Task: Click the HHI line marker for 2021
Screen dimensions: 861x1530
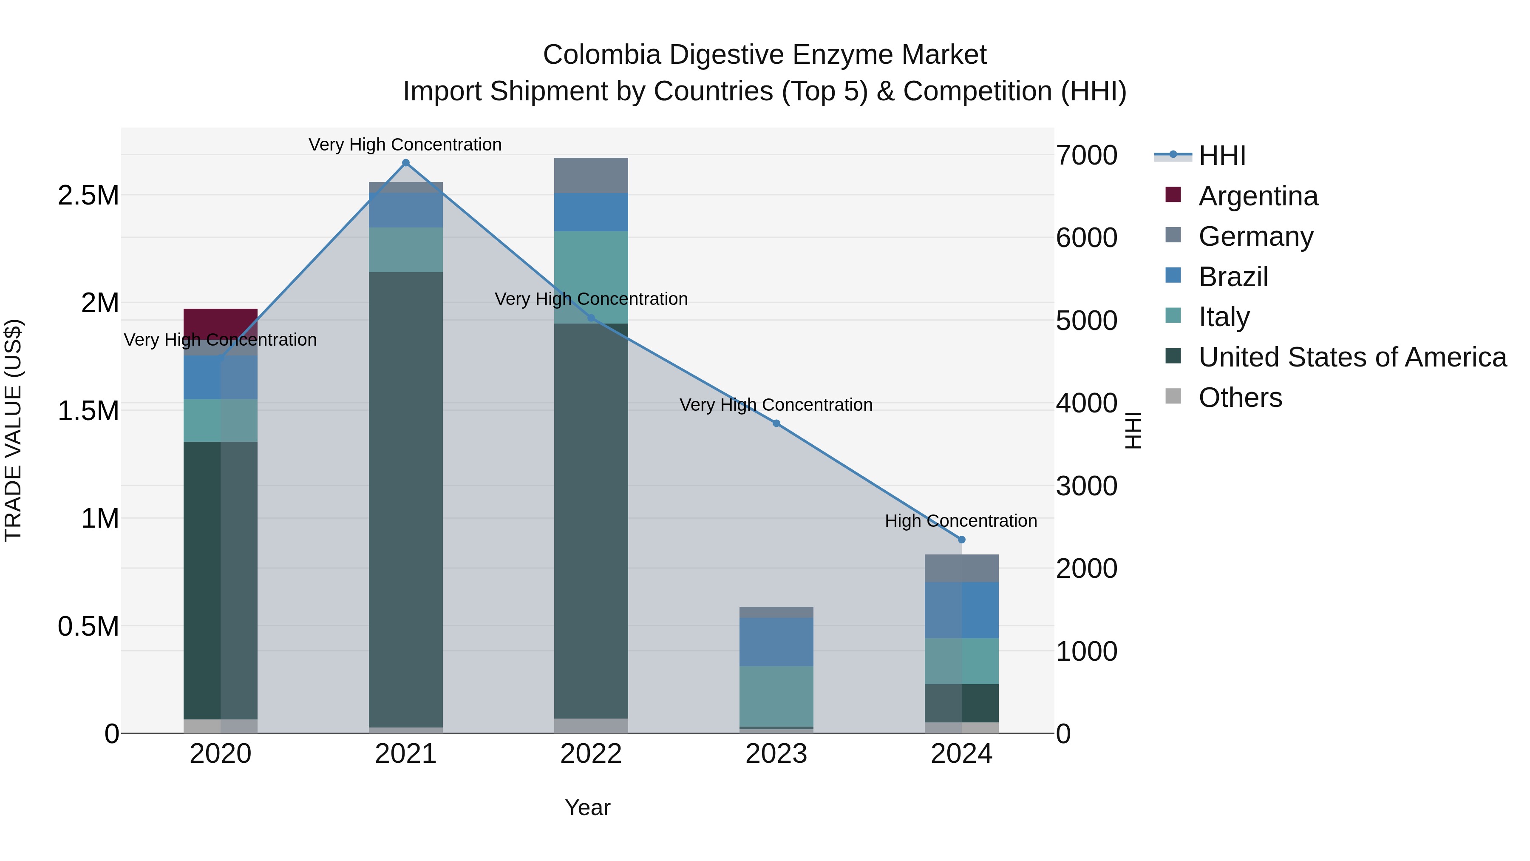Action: (x=406, y=163)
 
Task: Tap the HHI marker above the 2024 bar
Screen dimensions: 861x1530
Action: (x=962, y=540)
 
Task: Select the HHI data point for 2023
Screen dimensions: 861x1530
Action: (x=776, y=423)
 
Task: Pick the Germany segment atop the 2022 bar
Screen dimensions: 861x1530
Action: (x=591, y=175)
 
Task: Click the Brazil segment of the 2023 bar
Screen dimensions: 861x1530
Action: (x=776, y=642)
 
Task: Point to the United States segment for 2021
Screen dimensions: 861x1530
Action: (x=406, y=499)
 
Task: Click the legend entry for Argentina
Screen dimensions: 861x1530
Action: (x=1258, y=196)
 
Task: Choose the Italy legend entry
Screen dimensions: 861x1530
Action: (x=1224, y=317)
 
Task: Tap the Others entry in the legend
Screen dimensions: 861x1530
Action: (x=1240, y=398)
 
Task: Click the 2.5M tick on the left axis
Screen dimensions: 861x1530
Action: (x=88, y=196)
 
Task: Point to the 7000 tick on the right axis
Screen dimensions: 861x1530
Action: (x=1086, y=156)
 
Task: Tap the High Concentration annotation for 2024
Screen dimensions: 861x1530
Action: (x=960, y=521)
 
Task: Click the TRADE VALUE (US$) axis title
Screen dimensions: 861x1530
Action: (x=13, y=430)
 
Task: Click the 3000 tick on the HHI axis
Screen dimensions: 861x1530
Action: (x=1086, y=486)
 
